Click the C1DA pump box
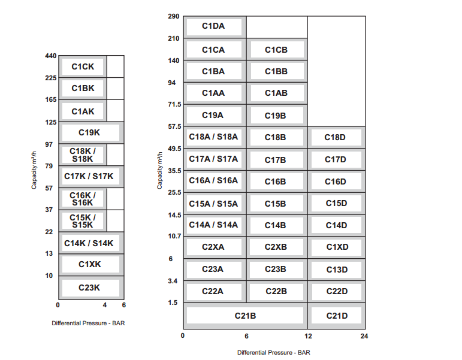point(215,27)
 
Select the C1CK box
point(83,66)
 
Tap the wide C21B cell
point(246,316)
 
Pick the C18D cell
point(337,137)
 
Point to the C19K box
point(91,132)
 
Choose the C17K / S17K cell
point(91,177)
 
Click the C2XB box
point(277,247)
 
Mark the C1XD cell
point(337,247)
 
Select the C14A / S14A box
point(215,225)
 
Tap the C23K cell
point(91,288)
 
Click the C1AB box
point(277,93)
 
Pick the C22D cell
point(337,292)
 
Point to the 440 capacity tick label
point(51,56)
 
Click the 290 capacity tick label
point(174,17)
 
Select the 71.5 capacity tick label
point(175,104)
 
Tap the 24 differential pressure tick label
point(364,336)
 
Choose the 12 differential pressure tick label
point(308,336)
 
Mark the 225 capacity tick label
point(51,78)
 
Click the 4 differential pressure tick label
point(105,305)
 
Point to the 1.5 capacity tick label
point(173,303)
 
